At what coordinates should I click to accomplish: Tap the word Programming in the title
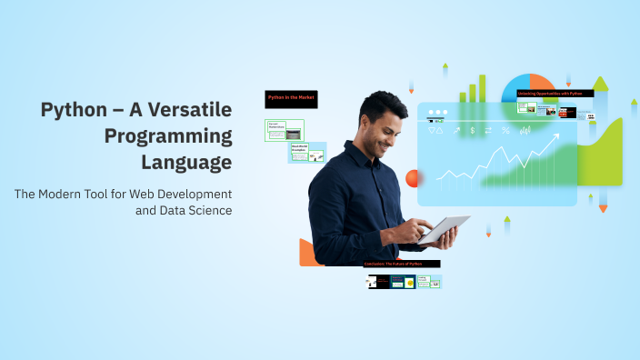tap(167, 136)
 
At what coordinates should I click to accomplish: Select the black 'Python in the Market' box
tap(291, 99)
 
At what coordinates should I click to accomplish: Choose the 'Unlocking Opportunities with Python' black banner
tap(555, 93)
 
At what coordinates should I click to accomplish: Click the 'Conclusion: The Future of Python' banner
tap(401, 264)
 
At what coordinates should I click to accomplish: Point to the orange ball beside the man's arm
tap(413, 178)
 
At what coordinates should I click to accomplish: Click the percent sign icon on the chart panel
tap(505, 130)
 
